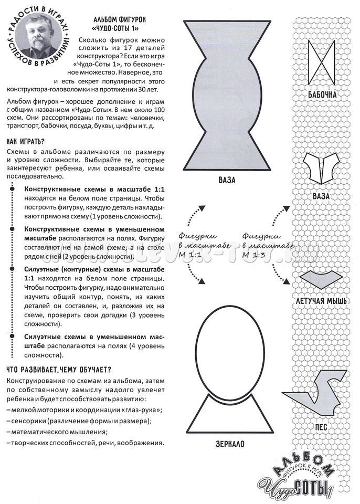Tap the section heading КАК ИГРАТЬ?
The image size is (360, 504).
[25, 141]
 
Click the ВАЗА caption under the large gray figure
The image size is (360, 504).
[227, 180]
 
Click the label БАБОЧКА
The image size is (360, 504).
[321, 95]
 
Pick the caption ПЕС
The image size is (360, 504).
[321, 427]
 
